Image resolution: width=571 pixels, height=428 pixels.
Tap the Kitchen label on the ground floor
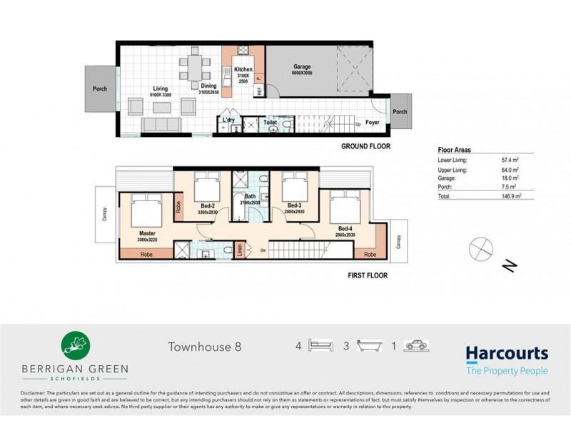coord(243,69)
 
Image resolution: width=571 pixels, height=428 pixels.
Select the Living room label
coord(160,88)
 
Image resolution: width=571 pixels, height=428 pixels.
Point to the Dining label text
coord(208,86)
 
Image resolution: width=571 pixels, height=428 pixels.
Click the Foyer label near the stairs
coord(373,122)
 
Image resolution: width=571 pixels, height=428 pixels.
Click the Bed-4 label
coord(345,228)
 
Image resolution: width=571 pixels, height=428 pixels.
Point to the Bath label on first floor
coord(250,196)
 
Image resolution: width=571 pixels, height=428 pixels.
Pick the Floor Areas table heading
coord(453,151)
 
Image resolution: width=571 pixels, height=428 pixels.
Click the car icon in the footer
coord(415,347)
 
